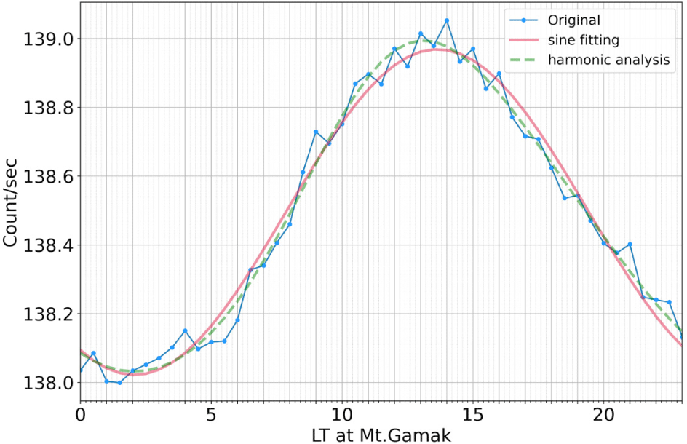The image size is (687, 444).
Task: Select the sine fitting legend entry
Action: pyautogui.click(x=584, y=39)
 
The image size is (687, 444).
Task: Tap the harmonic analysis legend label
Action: pyautogui.click(x=609, y=60)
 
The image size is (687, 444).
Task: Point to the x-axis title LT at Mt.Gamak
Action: pyautogui.click(x=379, y=435)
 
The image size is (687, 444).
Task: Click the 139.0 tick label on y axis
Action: pyautogui.click(x=49, y=39)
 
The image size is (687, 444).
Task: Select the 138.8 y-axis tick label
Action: pyautogui.click(x=49, y=108)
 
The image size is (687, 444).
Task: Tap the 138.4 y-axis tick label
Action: pyautogui.click(x=49, y=245)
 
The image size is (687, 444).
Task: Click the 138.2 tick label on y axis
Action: pyautogui.click(x=49, y=314)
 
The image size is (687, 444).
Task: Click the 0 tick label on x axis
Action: pyautogui.click(x=81, y=413)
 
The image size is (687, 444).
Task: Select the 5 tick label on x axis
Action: pyautogui.click(x=211, y=413)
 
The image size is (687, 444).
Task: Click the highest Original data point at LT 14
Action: pyautogui.click(x=446, y=20)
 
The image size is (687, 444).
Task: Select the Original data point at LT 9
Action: pyautogui.click(x=316, y=132)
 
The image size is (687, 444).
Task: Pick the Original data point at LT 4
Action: pyautogui.click(x=185, y=330)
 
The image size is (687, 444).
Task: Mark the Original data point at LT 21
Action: pyautogui.click(x=630, y=245)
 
